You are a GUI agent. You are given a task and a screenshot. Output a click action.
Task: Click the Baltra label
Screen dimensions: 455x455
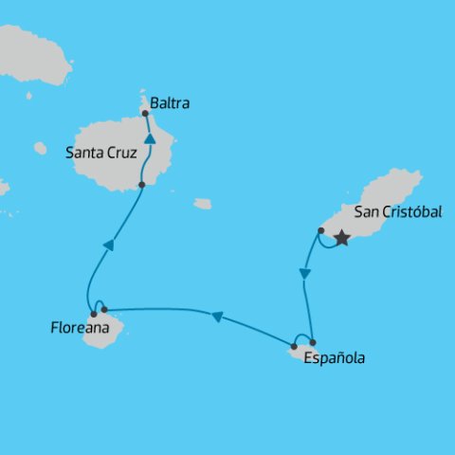[170, 103]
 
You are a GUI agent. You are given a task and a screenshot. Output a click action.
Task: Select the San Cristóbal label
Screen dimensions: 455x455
[397, 212]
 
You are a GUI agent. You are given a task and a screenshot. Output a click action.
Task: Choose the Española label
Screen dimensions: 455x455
[334, 358]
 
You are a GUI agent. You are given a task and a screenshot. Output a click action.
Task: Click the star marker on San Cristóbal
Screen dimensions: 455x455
[342, 239]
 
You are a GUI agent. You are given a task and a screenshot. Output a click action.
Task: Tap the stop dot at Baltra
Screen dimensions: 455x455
[145, 114]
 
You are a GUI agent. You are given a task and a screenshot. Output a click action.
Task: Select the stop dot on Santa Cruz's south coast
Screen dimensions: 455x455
[141, 185]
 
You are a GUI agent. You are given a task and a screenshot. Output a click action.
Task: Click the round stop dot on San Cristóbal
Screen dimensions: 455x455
[321, 230]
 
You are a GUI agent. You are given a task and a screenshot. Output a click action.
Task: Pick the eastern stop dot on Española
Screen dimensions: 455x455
[313, 342]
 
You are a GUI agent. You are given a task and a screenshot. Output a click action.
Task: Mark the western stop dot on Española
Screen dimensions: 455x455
[294, 346]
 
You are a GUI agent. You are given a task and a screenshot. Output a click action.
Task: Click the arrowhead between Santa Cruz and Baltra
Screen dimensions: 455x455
[150, 139]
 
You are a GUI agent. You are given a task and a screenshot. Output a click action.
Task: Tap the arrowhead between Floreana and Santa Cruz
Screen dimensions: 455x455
[108, 246]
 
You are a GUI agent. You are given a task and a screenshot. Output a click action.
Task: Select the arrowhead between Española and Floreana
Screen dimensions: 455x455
[217, 318]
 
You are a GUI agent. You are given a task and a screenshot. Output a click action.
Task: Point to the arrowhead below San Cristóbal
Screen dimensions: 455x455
[304, 274]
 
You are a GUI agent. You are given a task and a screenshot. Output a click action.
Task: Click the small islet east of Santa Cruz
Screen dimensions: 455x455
[203, 204]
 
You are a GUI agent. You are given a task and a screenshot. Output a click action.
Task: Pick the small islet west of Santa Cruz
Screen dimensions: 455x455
[40, 148]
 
